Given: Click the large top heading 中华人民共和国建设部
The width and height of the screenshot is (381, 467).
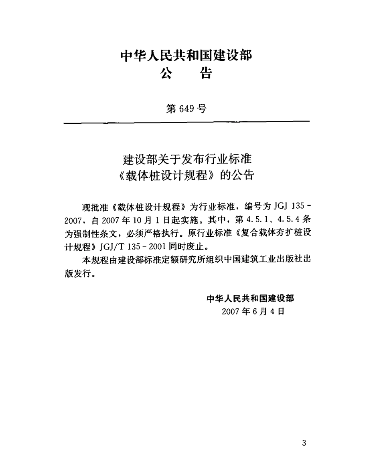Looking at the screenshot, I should click(x=187, y=56).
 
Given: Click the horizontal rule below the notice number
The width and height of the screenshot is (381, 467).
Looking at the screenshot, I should click(x=187, y=121).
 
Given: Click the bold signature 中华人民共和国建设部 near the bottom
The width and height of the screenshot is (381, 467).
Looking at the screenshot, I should click(x=250, y=298).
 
